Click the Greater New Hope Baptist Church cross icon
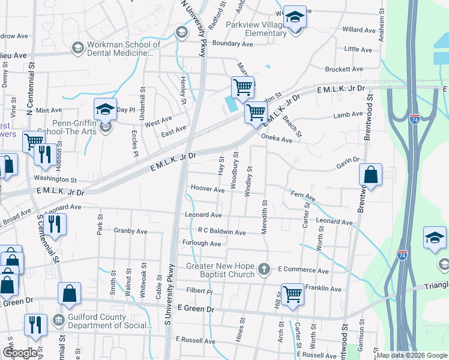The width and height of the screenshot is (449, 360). pyautogui.click(x=264, y=269)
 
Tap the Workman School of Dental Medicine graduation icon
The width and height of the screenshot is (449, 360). pyautogui.click(x=77, y=47)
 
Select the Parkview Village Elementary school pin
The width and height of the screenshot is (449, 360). pyautogui.click(x=295, y=18)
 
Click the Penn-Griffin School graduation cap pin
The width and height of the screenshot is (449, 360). pyautogui.click(x=105, y=110)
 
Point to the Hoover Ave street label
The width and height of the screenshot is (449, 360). pyautogui.click(x=207, y=189)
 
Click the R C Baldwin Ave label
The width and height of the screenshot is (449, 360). pyautogui.click(x=221, y=232)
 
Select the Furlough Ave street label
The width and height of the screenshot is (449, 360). pyautogui.click(x=202, y=244)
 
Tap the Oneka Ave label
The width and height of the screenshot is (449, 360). pyautogui.click(x=276, y=139)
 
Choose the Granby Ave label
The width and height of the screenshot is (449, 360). pyautogui.click(x=130, y=230)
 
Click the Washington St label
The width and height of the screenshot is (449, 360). pyautogui.click(x=55, y=179)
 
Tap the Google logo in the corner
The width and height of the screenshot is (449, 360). pyautogui.click(x=20, y=353)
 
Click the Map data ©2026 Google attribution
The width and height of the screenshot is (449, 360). pyautogui.click(x=411, y=355)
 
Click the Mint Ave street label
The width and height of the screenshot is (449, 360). pyautogui.click(x=49, y=110)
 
